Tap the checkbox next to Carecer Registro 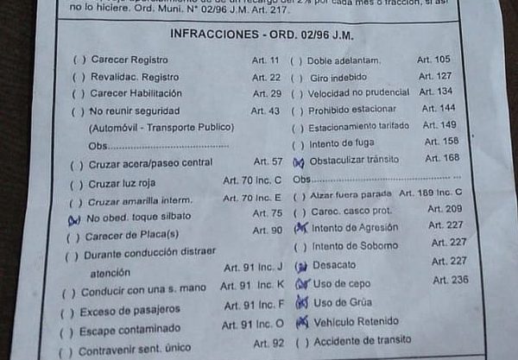point(79,60)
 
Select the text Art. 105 point(433,60)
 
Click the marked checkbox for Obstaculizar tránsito point(299,161)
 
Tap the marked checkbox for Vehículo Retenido point(301,322)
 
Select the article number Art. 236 point(451,280)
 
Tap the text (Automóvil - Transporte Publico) point(161,128)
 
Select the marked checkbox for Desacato point(301,265)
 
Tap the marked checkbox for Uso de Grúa point(301,302)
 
